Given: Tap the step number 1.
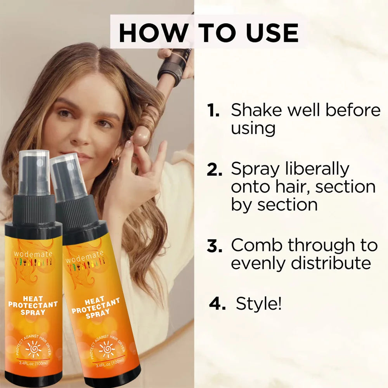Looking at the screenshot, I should coord(213,111).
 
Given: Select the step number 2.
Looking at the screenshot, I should coord(215,170).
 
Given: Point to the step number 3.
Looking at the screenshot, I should coord(215,246).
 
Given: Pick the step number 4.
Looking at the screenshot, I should coord(217,304).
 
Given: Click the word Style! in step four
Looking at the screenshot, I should coord(258,304).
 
